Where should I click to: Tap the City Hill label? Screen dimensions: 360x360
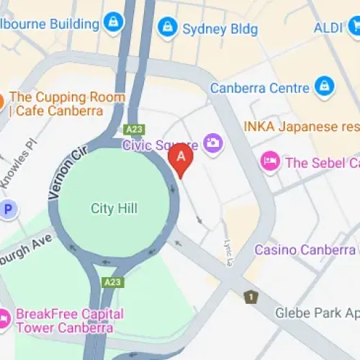click(114, 209)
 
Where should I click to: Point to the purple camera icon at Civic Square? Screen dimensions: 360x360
click(212, 143)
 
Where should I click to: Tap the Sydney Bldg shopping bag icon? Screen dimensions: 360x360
click(167, 29)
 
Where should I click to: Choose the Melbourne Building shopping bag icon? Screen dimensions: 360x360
click(113, 23)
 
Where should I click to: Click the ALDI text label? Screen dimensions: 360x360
click(328, 28)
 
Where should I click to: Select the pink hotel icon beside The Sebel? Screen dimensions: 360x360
click(270, 161)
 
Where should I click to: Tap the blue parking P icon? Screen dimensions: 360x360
click(8, 210)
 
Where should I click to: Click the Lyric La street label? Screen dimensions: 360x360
click(228, 251)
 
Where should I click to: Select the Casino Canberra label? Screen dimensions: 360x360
click(305, 250)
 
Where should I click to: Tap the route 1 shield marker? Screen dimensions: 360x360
click(251, 296)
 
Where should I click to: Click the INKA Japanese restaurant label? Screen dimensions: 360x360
click(300, 127)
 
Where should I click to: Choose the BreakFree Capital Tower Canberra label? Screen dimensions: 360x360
click(69, 321)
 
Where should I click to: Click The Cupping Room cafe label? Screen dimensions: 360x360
click(67, 104)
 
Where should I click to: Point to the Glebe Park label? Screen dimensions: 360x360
click(317, 313)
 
